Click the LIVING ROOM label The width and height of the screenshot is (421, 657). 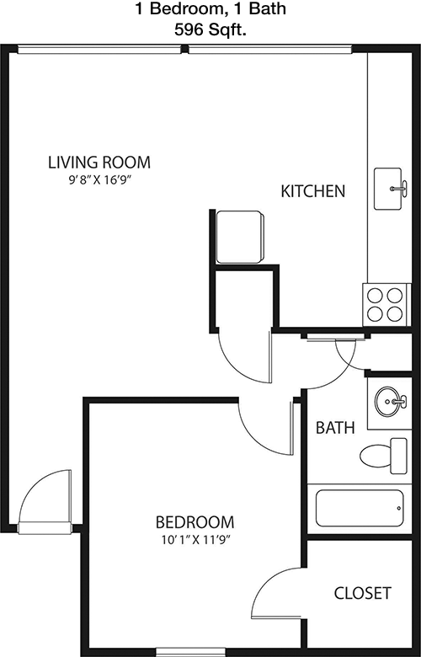99,163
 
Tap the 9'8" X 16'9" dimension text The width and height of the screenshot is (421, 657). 99,180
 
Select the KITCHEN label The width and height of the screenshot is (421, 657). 312,191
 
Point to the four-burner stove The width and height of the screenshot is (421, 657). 386,305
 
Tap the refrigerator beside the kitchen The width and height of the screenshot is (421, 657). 240,238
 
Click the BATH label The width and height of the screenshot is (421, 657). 335,428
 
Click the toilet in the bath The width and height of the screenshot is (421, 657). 383,456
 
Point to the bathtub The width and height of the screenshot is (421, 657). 360,508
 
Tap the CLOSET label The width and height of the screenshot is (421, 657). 362,593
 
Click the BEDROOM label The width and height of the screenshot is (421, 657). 195,522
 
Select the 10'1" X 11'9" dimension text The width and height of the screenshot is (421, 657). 196,541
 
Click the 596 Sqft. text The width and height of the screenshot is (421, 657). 210,29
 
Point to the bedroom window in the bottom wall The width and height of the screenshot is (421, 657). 190,653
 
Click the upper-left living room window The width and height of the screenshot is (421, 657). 99,50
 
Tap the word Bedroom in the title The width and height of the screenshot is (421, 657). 183,8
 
